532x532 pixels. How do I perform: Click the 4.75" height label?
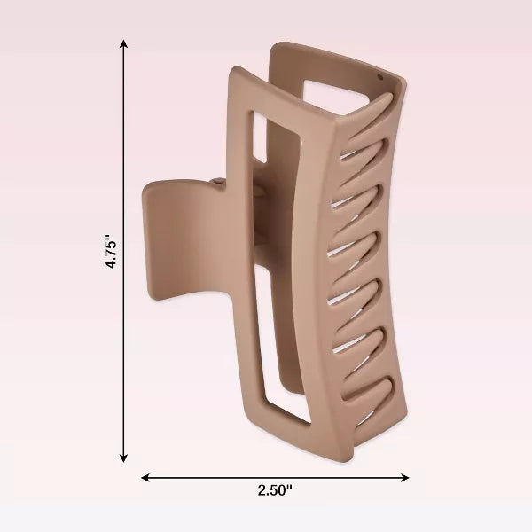pyautogui.click(x=112, y=252)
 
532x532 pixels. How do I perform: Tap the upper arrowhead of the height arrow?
pyautogui.click(x=123, y=43)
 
